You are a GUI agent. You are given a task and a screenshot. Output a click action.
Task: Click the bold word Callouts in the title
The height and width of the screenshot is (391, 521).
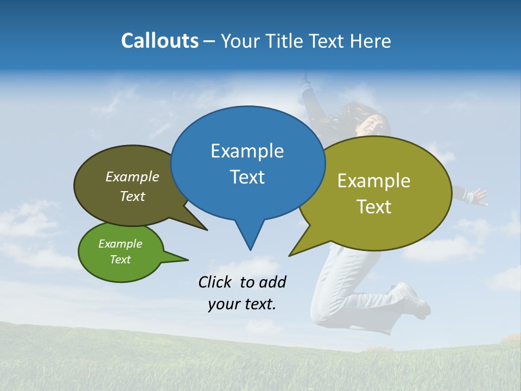coord(160,41)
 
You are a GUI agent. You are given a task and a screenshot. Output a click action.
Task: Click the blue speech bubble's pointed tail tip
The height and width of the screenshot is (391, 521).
coord(250,249)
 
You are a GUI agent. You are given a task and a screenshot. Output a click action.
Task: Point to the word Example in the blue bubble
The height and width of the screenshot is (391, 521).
coord(247,151)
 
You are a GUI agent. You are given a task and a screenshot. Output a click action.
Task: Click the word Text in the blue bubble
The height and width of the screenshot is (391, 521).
coord(247,177)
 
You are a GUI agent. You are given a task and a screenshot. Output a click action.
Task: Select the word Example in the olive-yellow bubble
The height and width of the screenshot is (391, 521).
coord(374,181)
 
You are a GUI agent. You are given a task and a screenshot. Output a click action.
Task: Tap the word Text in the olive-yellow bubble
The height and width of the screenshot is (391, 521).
coord(374,207)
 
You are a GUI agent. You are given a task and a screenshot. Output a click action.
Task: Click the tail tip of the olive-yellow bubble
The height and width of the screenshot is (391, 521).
coord(290,255)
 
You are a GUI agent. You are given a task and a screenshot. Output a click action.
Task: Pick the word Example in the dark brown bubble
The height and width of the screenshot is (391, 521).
coord(132,177)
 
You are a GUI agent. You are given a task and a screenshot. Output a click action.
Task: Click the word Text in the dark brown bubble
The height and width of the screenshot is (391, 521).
coord(132,197)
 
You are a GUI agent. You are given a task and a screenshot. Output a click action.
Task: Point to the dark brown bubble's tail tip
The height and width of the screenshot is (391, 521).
coord(207,230)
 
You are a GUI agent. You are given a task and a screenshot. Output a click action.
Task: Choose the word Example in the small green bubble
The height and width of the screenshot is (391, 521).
coord(120,244)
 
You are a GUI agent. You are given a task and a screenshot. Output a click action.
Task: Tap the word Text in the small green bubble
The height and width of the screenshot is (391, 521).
coord(120,260)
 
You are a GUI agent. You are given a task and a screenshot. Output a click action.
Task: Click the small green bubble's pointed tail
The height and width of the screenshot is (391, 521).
coord(187,259)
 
